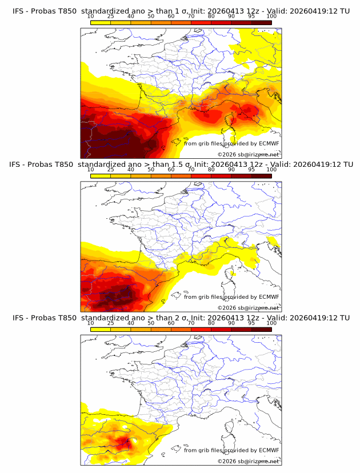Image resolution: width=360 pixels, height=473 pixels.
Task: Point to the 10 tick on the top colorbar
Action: point(90,16)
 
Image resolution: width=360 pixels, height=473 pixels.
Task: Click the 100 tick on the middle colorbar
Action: point(271,169)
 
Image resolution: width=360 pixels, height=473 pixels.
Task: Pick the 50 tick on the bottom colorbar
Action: point(150,322)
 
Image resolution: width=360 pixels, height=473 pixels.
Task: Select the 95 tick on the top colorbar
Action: point(251,16)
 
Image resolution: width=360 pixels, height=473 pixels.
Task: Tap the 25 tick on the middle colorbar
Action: point(110,169)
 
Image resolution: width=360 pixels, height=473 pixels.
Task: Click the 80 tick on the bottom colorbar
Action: point(211,322)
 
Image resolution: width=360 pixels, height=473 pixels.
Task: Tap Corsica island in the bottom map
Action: point(233,427)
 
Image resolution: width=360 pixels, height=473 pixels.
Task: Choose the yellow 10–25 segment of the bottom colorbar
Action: point(101,328)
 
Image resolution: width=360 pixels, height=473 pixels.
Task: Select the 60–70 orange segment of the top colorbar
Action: point(181,22)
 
